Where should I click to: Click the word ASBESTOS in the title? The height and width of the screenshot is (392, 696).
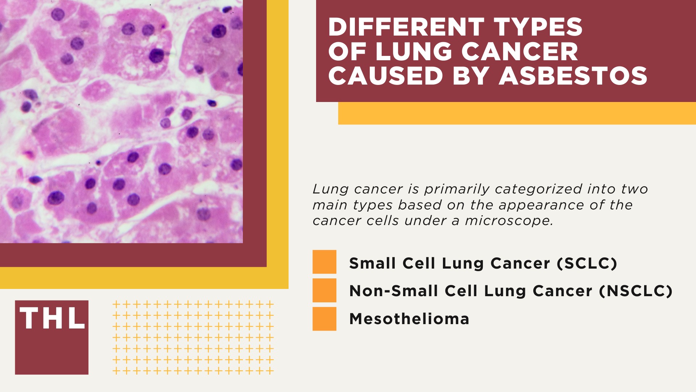click(x=573, y=76)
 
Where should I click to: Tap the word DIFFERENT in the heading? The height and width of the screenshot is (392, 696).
click(x=405, y=27)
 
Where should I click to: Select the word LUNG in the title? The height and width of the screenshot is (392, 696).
click(x=413, y=52)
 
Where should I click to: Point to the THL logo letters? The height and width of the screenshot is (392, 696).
click(x=52, y=319)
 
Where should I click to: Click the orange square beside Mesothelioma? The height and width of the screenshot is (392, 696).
click(x=324, y=319)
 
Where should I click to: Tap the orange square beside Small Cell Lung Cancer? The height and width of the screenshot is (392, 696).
click(x=324, y=262)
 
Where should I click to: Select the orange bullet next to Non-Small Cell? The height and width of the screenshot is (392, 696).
click(x=324, y=290)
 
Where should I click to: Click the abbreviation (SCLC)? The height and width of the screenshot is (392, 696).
click(x=587, y=263)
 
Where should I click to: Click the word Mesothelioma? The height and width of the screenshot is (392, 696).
click(x=409, y=319)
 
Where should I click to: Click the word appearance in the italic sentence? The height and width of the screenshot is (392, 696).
click(x=541, y=205)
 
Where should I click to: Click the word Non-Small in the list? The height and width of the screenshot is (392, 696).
click(x=393, y=291)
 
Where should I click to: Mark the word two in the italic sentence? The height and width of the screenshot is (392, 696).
click(x=634, y=189)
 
